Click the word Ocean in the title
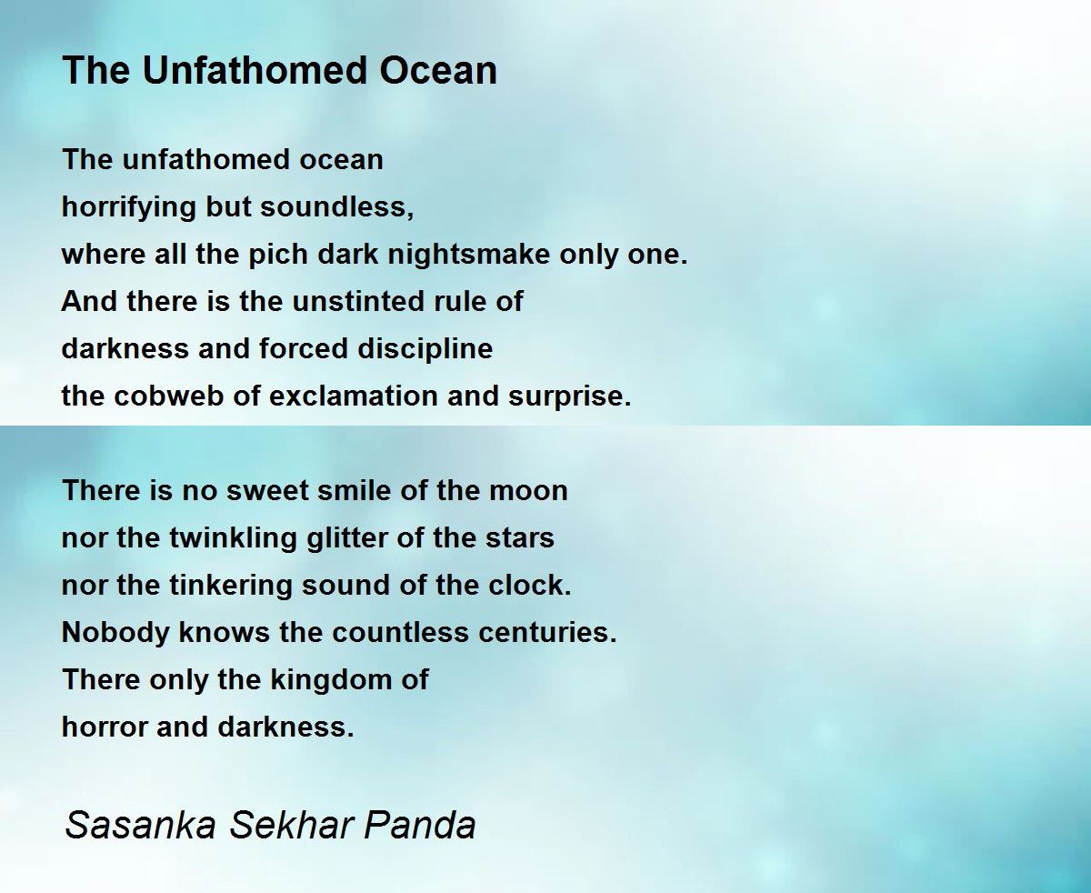click(x=438, y=70)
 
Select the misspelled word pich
click(x=278, y=256)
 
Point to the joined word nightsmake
click(x=469, y=256)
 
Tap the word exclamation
click(x=354, y=396)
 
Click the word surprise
click(x=570, y=397)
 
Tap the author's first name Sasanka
click(x=140, y=825)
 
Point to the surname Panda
click(x=419, y=825)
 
